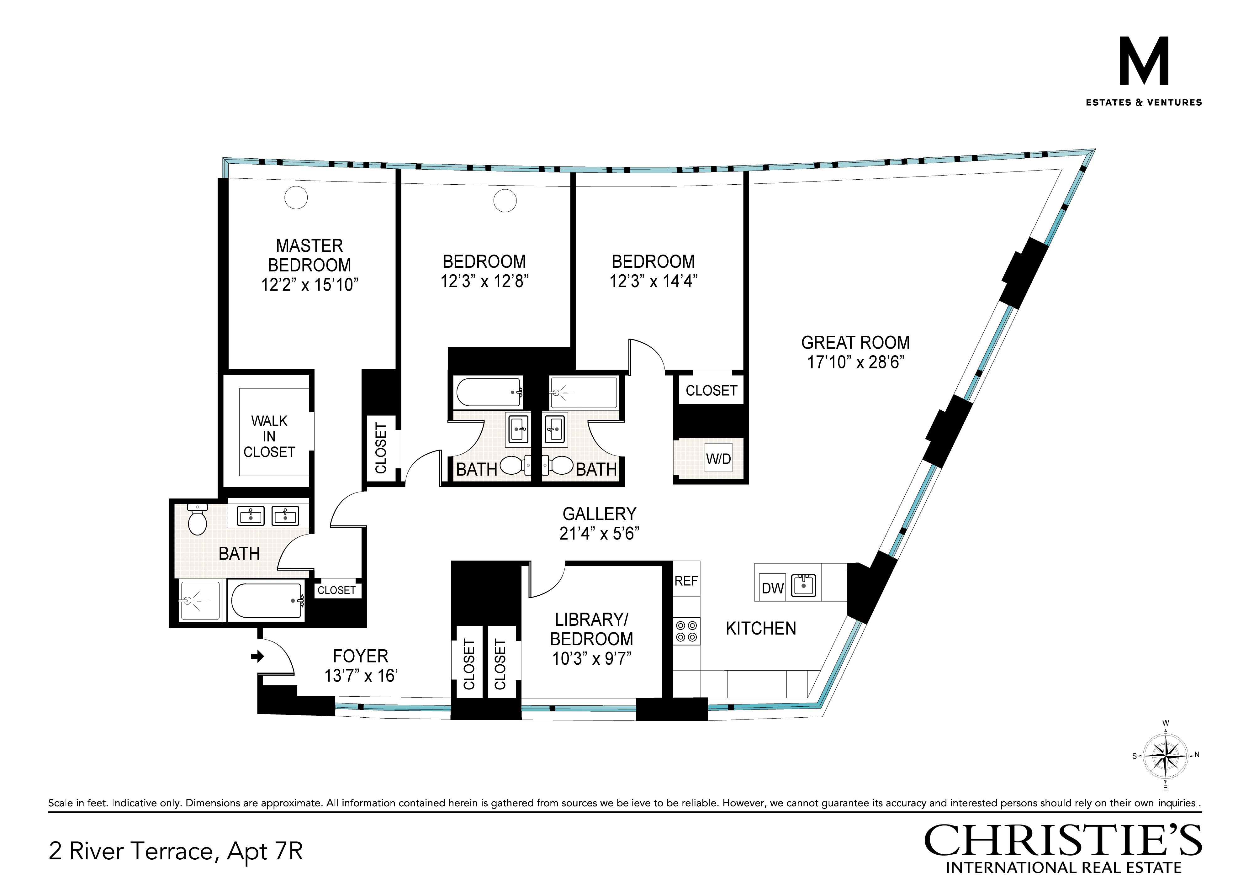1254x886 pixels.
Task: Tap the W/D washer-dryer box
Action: (x=718, y=459)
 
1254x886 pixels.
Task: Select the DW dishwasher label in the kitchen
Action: (x=772, y=588)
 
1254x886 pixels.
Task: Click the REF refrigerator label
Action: (x=686, y=581)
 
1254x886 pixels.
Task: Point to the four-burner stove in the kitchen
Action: (x=686, y=631)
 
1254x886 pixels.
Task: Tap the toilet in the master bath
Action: (x=197, y=519)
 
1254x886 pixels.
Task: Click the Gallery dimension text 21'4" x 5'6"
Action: (x=599, y=533)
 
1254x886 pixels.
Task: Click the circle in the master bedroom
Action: (x=296, y=197)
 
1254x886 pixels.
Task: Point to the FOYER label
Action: (x=361, y=656)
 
